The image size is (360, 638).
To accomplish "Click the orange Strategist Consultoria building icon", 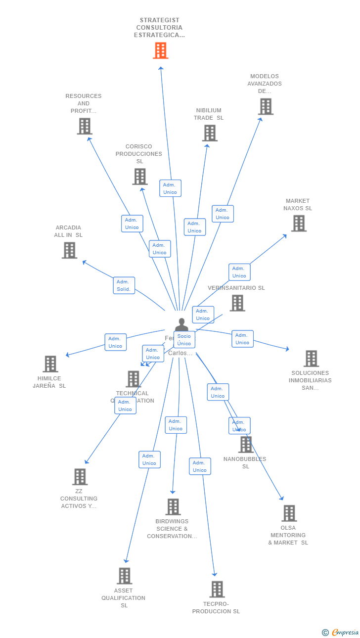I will click(160, 50).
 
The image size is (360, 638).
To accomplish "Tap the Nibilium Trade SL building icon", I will click(210, 133).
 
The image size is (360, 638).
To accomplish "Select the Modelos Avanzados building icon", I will click(266, 106).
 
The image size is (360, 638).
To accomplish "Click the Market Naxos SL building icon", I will click(298, 224).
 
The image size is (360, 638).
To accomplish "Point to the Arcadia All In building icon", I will click(69, 250).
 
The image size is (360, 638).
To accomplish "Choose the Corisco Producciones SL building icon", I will click(140, 177).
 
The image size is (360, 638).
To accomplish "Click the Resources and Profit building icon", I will click(85, 126).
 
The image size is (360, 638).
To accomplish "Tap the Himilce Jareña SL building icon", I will click(50, 364).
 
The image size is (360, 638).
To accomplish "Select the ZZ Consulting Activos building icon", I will click(80, 477).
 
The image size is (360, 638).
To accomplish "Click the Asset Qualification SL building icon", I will click(125, 576).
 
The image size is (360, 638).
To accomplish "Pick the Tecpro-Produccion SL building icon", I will click(217, 589).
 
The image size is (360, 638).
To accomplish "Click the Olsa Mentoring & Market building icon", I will click(289, 513).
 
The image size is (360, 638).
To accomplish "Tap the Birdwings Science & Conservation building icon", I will click(173, 507).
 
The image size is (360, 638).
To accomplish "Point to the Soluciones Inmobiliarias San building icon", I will click(311, 359).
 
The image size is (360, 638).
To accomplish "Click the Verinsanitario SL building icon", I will click(237, 303).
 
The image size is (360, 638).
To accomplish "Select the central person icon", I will click(181, 325).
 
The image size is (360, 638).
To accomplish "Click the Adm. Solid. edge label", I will click(124, 285).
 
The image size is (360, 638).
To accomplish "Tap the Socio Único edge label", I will click(184, 340).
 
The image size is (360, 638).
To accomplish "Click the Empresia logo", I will click(341, 632).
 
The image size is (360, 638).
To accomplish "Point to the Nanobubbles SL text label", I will click(245, 462).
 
